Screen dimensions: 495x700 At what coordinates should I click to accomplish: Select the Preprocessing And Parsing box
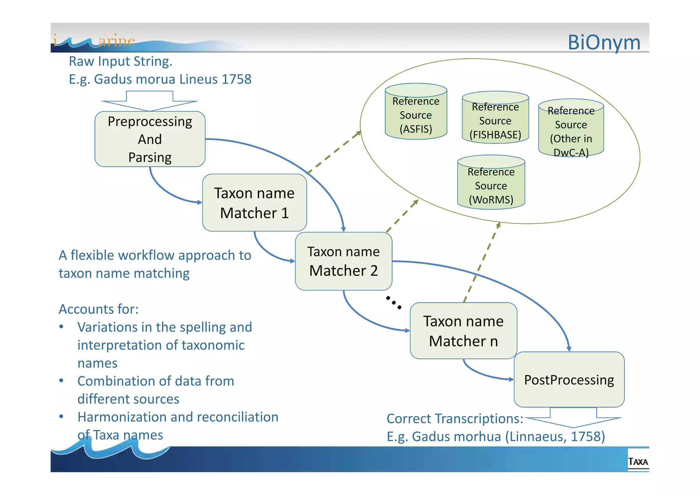pos(150,139)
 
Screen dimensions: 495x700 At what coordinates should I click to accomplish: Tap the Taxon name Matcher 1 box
pos(254,203)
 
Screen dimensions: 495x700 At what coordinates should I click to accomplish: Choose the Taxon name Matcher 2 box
pos(343,261)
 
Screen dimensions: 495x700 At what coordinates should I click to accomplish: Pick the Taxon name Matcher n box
pos(463,331)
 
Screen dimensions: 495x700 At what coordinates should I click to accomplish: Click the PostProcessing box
pos(569,380)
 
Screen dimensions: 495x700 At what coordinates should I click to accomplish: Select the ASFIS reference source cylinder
pos(416,112)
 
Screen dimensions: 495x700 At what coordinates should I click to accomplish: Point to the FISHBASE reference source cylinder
pos(495,118)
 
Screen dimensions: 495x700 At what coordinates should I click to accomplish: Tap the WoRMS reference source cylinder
pos(491,182)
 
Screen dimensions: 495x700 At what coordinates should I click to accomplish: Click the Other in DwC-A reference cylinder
pos(571,128)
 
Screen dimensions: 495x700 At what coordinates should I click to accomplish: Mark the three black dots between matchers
pos(393,302)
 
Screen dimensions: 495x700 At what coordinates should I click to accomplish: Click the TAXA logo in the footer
pos(638,462)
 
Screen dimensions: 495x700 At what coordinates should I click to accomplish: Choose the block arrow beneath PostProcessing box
pos(573,418)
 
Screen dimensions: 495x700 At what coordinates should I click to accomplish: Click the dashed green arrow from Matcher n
pos(482,262)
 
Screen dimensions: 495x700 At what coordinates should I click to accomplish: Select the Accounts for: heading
pos(98,309)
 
